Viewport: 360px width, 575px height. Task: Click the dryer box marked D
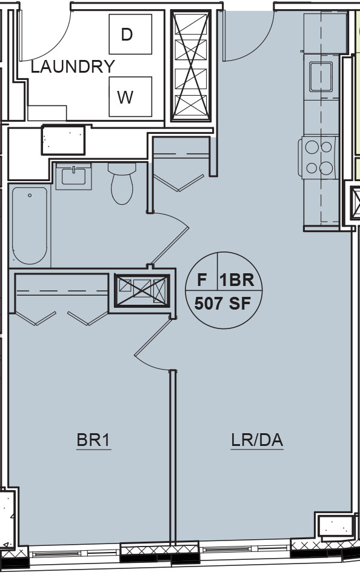coord(130,34)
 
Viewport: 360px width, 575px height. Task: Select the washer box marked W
coord(130,96)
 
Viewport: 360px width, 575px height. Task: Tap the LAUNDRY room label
coord(73,67)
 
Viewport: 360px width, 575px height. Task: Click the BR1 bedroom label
coord(93,440)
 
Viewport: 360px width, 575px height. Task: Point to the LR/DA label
coord(257,440)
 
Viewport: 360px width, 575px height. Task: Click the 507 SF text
coord(223,304)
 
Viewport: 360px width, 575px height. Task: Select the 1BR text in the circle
coord(237,280)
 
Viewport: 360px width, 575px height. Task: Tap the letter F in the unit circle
coord(202,280)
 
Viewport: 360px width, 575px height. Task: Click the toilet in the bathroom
coord(122,184)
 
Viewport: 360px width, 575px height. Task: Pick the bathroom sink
coord(74,176)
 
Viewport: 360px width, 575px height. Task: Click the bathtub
coord(30,225)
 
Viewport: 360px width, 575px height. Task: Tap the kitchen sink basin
coord(321,76)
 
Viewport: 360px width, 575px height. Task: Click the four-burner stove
coord(319,158)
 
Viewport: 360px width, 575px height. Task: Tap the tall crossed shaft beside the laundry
coord(191,65)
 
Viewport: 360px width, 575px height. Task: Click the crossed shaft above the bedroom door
coord(142,290)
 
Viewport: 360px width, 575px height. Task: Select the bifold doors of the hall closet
coord(179,182)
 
